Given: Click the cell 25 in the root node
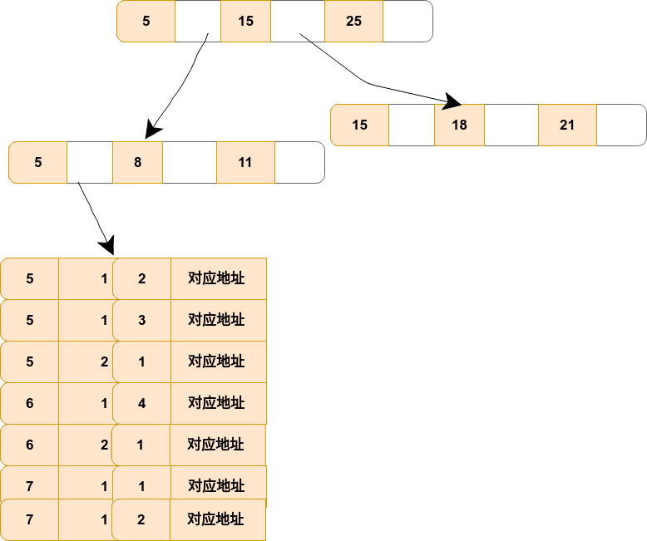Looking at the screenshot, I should pyautogui.click(x=353, y=22).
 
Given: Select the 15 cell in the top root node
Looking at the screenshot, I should pyautogui.click(x=245, y=22).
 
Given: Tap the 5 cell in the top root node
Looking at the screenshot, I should pyautogui.click(x=146, y=22).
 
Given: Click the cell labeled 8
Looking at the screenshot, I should pyautogui.click(x=137, y=163).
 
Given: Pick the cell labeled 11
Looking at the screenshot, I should pyautogui.click(x=245, y=163).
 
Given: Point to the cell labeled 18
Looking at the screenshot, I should pyautogui.click(x=459, y=125).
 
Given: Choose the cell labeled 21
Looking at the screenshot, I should pyautogui.click(x=567, y=125).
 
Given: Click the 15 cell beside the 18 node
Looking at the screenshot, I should pyautogui.click(x=359, y=125).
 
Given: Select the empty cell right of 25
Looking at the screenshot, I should pyautogui.click(x=407, y=22).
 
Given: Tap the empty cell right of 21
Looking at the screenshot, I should pyautogui.click(x=621, y=125).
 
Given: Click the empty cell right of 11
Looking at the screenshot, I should pyautogui.click(x=299, y=163).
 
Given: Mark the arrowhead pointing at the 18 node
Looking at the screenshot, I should pyautogui.click(x=452, y=101).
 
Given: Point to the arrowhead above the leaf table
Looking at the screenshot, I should pyautogui.click(x=106, y=246).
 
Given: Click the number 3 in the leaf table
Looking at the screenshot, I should pyautogui.click(x=141, y=320).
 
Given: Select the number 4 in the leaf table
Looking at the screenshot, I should pyautogui.click(x=141, y=403).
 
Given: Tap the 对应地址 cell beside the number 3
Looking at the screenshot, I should pyautogui.click(x=218, y=320).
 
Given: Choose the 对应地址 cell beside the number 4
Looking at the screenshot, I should pyautogui.click(x=218, y=403).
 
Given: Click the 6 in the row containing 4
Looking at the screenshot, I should pyautogui.click(x=30, y=403).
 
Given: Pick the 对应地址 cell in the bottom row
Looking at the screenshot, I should pyautogui.click(x=217, y=520).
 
